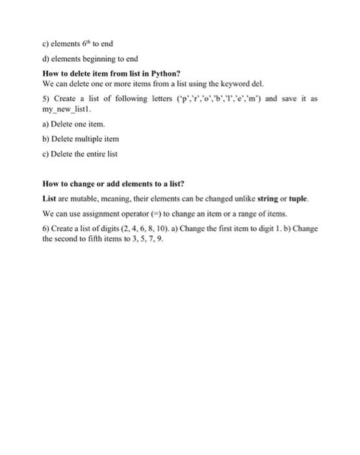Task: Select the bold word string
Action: [x=271, y=198]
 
